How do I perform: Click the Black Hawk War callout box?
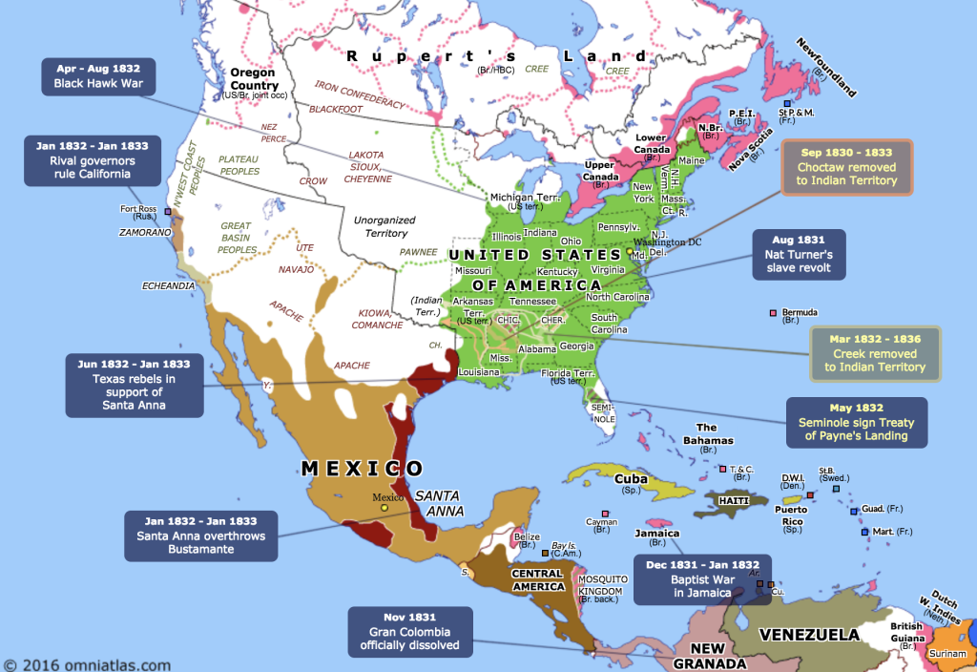tap(99, 76)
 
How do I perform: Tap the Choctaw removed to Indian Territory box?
tap(847, 167)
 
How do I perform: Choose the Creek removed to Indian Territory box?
tap(875, 353)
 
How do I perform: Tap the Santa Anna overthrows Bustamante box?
tap(200, 535)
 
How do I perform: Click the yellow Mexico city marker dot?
tap(384, 508)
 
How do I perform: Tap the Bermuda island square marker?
tap(774, 312)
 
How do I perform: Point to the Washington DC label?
tap(667, 242)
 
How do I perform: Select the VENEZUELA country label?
tap(808, 633)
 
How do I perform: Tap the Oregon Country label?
tap(253, 79)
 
